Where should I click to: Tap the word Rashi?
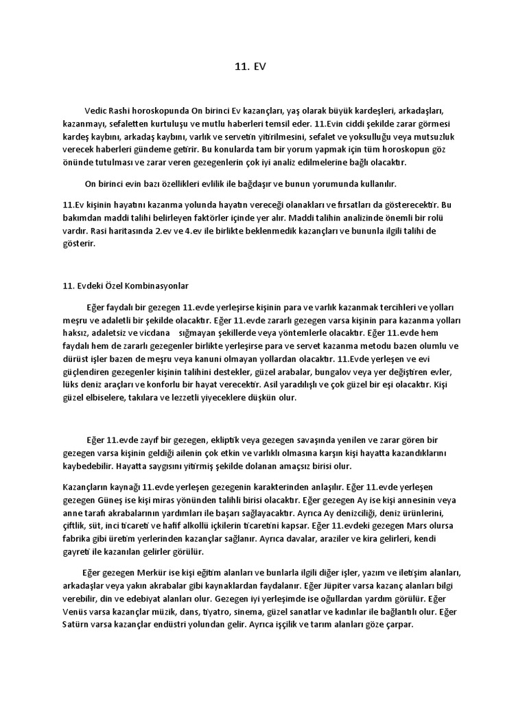pyautogui.click(x=124, y=110)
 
